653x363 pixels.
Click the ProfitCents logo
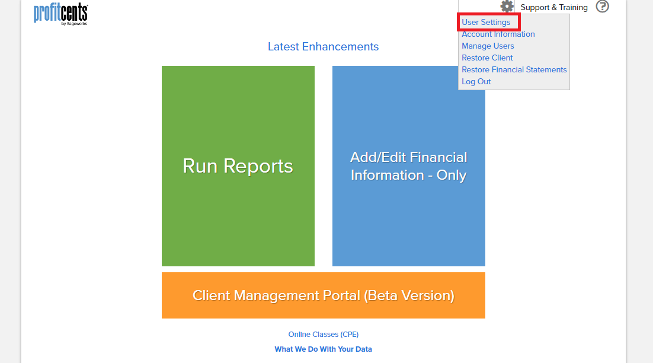[61, 14]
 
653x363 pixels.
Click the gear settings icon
[507, 6]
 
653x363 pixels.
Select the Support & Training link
[554, 8]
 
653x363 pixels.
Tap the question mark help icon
[602, 7]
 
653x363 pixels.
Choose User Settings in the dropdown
[485, 22]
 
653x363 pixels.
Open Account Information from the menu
[498, 34]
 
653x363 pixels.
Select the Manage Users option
[488, 46]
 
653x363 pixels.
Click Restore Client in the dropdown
[487, 58]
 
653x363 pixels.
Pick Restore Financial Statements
[514, 69]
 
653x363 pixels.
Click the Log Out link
[476, 82]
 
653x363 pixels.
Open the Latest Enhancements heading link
[323, 47]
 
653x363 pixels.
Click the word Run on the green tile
[200, 166]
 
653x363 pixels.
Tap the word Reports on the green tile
[258, 167]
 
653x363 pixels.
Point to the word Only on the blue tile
[452, 176]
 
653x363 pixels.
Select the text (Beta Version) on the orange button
[409, 295]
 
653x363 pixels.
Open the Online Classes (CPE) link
[323, 335]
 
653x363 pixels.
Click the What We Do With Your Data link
[323, 349]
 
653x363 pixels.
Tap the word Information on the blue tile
[388, 175]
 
